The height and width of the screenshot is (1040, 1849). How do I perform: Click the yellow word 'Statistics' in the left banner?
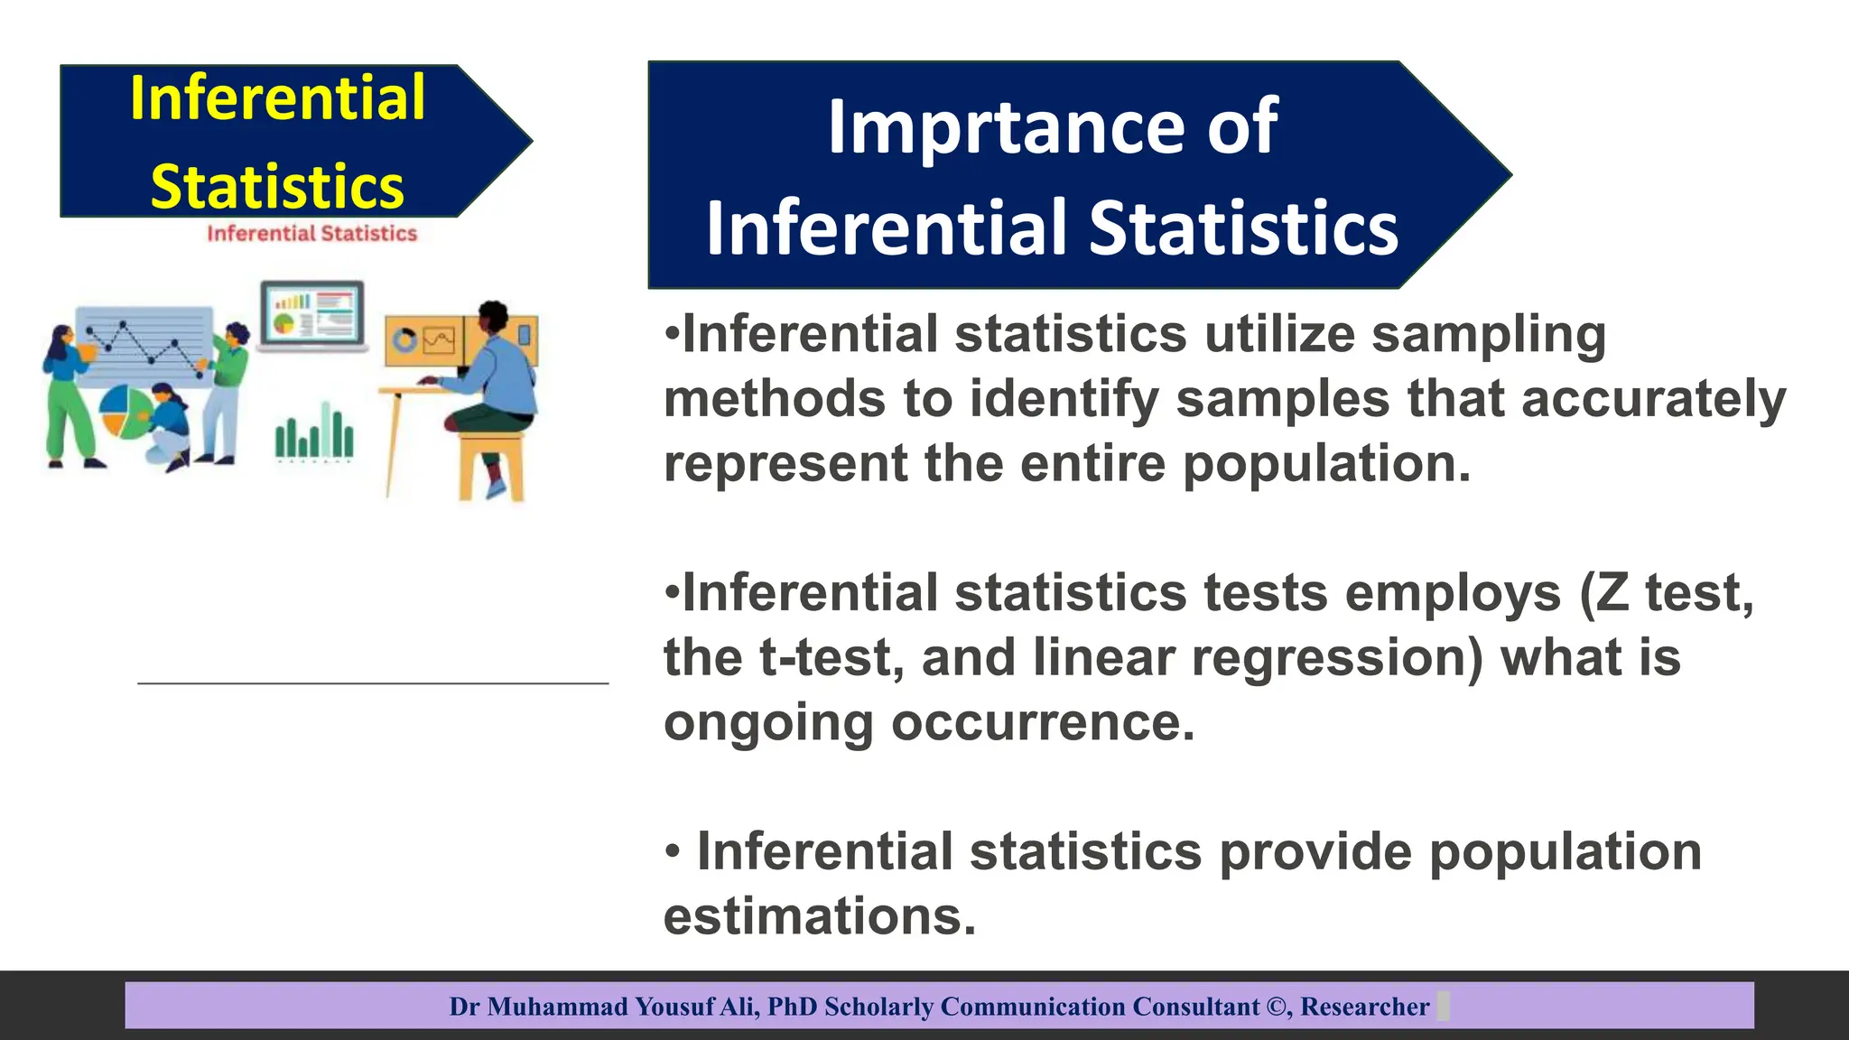(277, 187)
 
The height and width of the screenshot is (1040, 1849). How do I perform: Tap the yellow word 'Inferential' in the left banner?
(277, 97)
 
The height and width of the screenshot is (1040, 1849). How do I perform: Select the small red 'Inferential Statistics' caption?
(311, 234)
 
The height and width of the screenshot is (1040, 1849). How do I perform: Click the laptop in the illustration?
(312, 316)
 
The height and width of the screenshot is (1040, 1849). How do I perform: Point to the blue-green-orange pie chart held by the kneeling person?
(124, 412)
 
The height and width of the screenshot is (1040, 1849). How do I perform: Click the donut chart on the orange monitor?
(404, 340)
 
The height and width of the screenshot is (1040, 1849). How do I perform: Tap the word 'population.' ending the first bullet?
(1326, 464)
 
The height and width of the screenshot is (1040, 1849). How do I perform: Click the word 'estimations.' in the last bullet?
(820, 916)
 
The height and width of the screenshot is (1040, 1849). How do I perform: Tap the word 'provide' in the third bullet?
(1315, 852)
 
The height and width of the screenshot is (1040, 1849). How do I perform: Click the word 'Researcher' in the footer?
(1364, 1007)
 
